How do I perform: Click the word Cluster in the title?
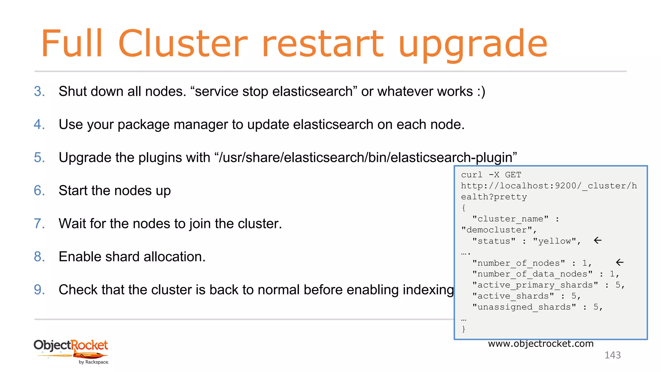pyautogui.click(x=183, y=44)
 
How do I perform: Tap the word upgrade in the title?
pyautogui.click(x=473, y=45)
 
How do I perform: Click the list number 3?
pyautogui.click(x=39, y=91)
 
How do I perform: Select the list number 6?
pyautogui.click(x=39, y=191)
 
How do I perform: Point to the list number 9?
pyautogui.click(x=39, y=290)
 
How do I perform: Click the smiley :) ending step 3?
pyautogui.click(x=481, y=92)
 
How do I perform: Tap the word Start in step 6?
pyautogui.click(x=73, y=191)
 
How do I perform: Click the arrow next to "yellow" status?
pyautogui.click(x=598, y=240)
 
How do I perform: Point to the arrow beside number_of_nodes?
pyautogui.click(x=620, y=262)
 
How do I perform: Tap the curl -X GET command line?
pyautogui.click(x=491, y=175)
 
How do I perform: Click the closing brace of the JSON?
pyautogui.click(x=464, y=329)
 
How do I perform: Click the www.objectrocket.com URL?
pyautogui.click(x=541, y=344)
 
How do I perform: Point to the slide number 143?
pyautogui.click(x=612, y=355)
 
